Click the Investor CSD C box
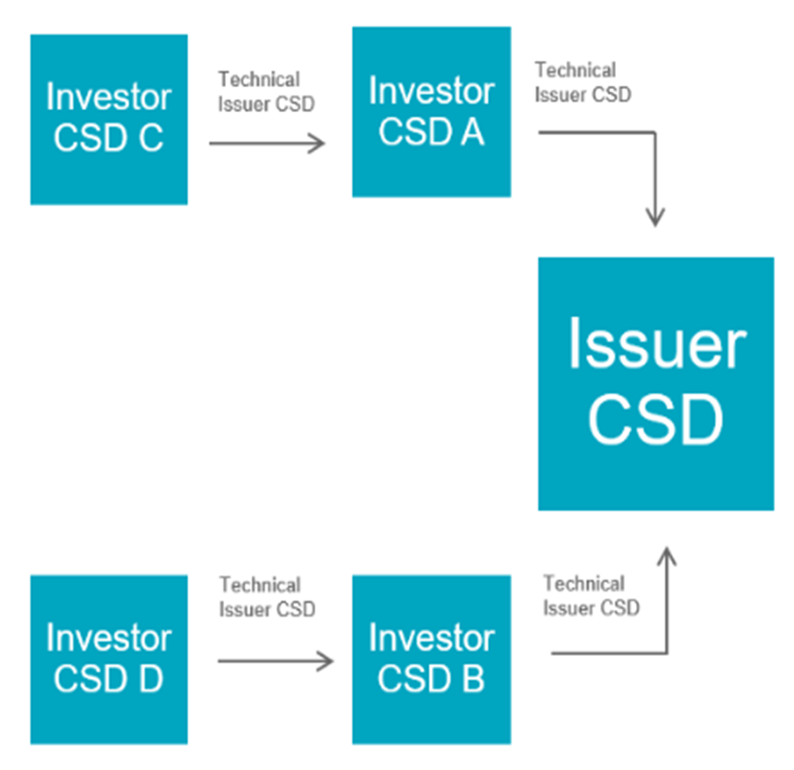tap(108, 120)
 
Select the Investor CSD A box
tap(431, 111)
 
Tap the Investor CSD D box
tap(108, 660)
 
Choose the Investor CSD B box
tap(431, 660)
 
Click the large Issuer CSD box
tap(656, 384)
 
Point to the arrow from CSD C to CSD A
tap(267, 144)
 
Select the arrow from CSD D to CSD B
tap(276, 661)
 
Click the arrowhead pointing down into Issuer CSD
tap(655, 217)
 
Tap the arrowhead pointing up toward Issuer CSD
tap(667, 557)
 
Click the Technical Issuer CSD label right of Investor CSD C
tap(267, 92)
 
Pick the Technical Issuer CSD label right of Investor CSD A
tap(583, 82)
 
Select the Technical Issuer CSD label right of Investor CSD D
tap(267, 597)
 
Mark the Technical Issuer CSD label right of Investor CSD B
tap(592, 595)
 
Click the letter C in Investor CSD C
tap(151, 137)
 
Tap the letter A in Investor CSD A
tap(472, 132)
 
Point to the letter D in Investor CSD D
tap(151, 679)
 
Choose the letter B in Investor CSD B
tap(473, 679)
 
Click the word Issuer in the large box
tap(657, 343)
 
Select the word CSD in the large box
tap(656, 419)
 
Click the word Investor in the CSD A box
tap(431, 91)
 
